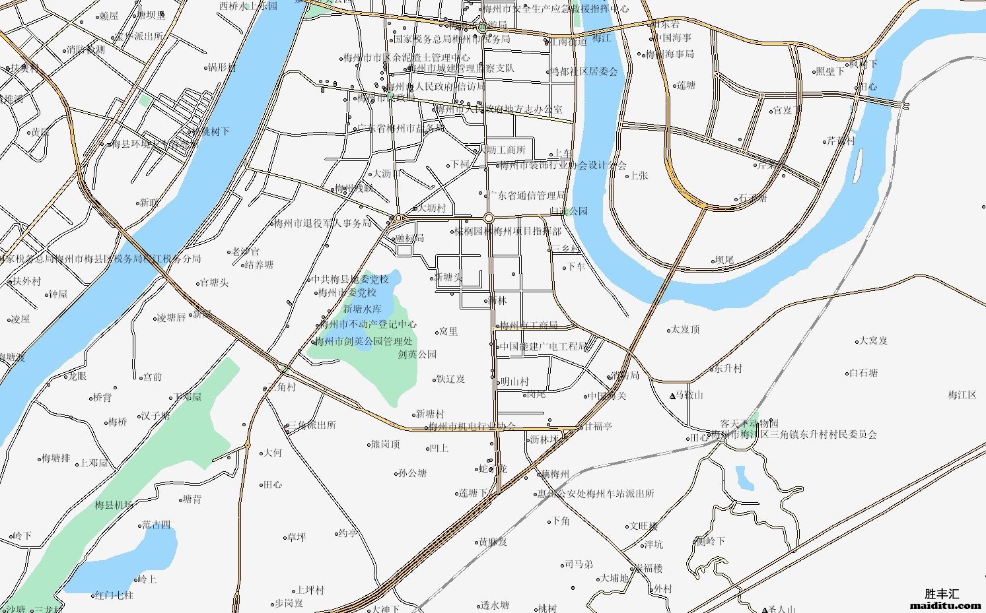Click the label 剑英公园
[417, 354]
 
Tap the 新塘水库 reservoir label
[362, 309]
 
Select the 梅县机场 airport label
[114, 505]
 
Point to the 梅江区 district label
[962, 395]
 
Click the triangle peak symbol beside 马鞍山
[673, 396]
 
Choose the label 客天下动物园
[749, 424]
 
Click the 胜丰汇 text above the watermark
[946, 593]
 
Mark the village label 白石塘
[863, 373]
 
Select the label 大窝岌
[872, 340]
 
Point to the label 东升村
[728, 368]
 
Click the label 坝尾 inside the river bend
[724, 260]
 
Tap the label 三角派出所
[312, 425]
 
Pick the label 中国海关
[607, 396]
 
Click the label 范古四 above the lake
[156, 525]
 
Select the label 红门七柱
[114, 595]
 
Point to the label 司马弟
[579, 564]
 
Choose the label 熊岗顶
[385, 444]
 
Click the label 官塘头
[214, 283]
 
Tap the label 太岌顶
[685, 329]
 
